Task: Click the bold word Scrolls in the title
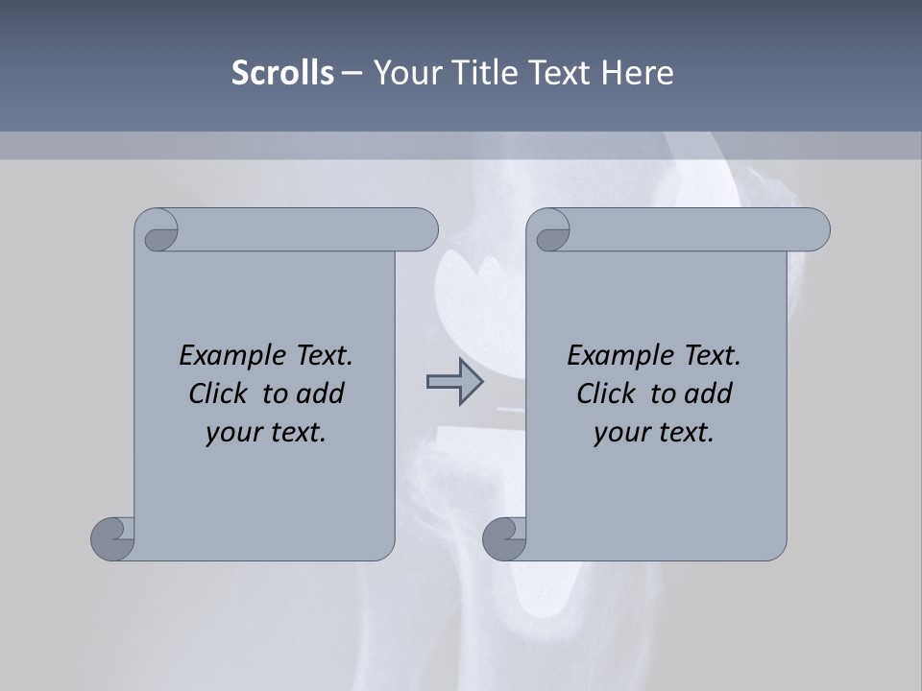tap(283, 72)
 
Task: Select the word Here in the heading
tap(638, 72)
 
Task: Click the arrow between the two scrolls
tap(454, 382)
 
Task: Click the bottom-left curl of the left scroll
tap(113, 538)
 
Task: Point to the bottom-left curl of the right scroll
tap(504, 538)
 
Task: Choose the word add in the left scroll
tap(322, 393)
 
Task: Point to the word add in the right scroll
tap(710, 393)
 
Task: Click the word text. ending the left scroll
tap(297, 433)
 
